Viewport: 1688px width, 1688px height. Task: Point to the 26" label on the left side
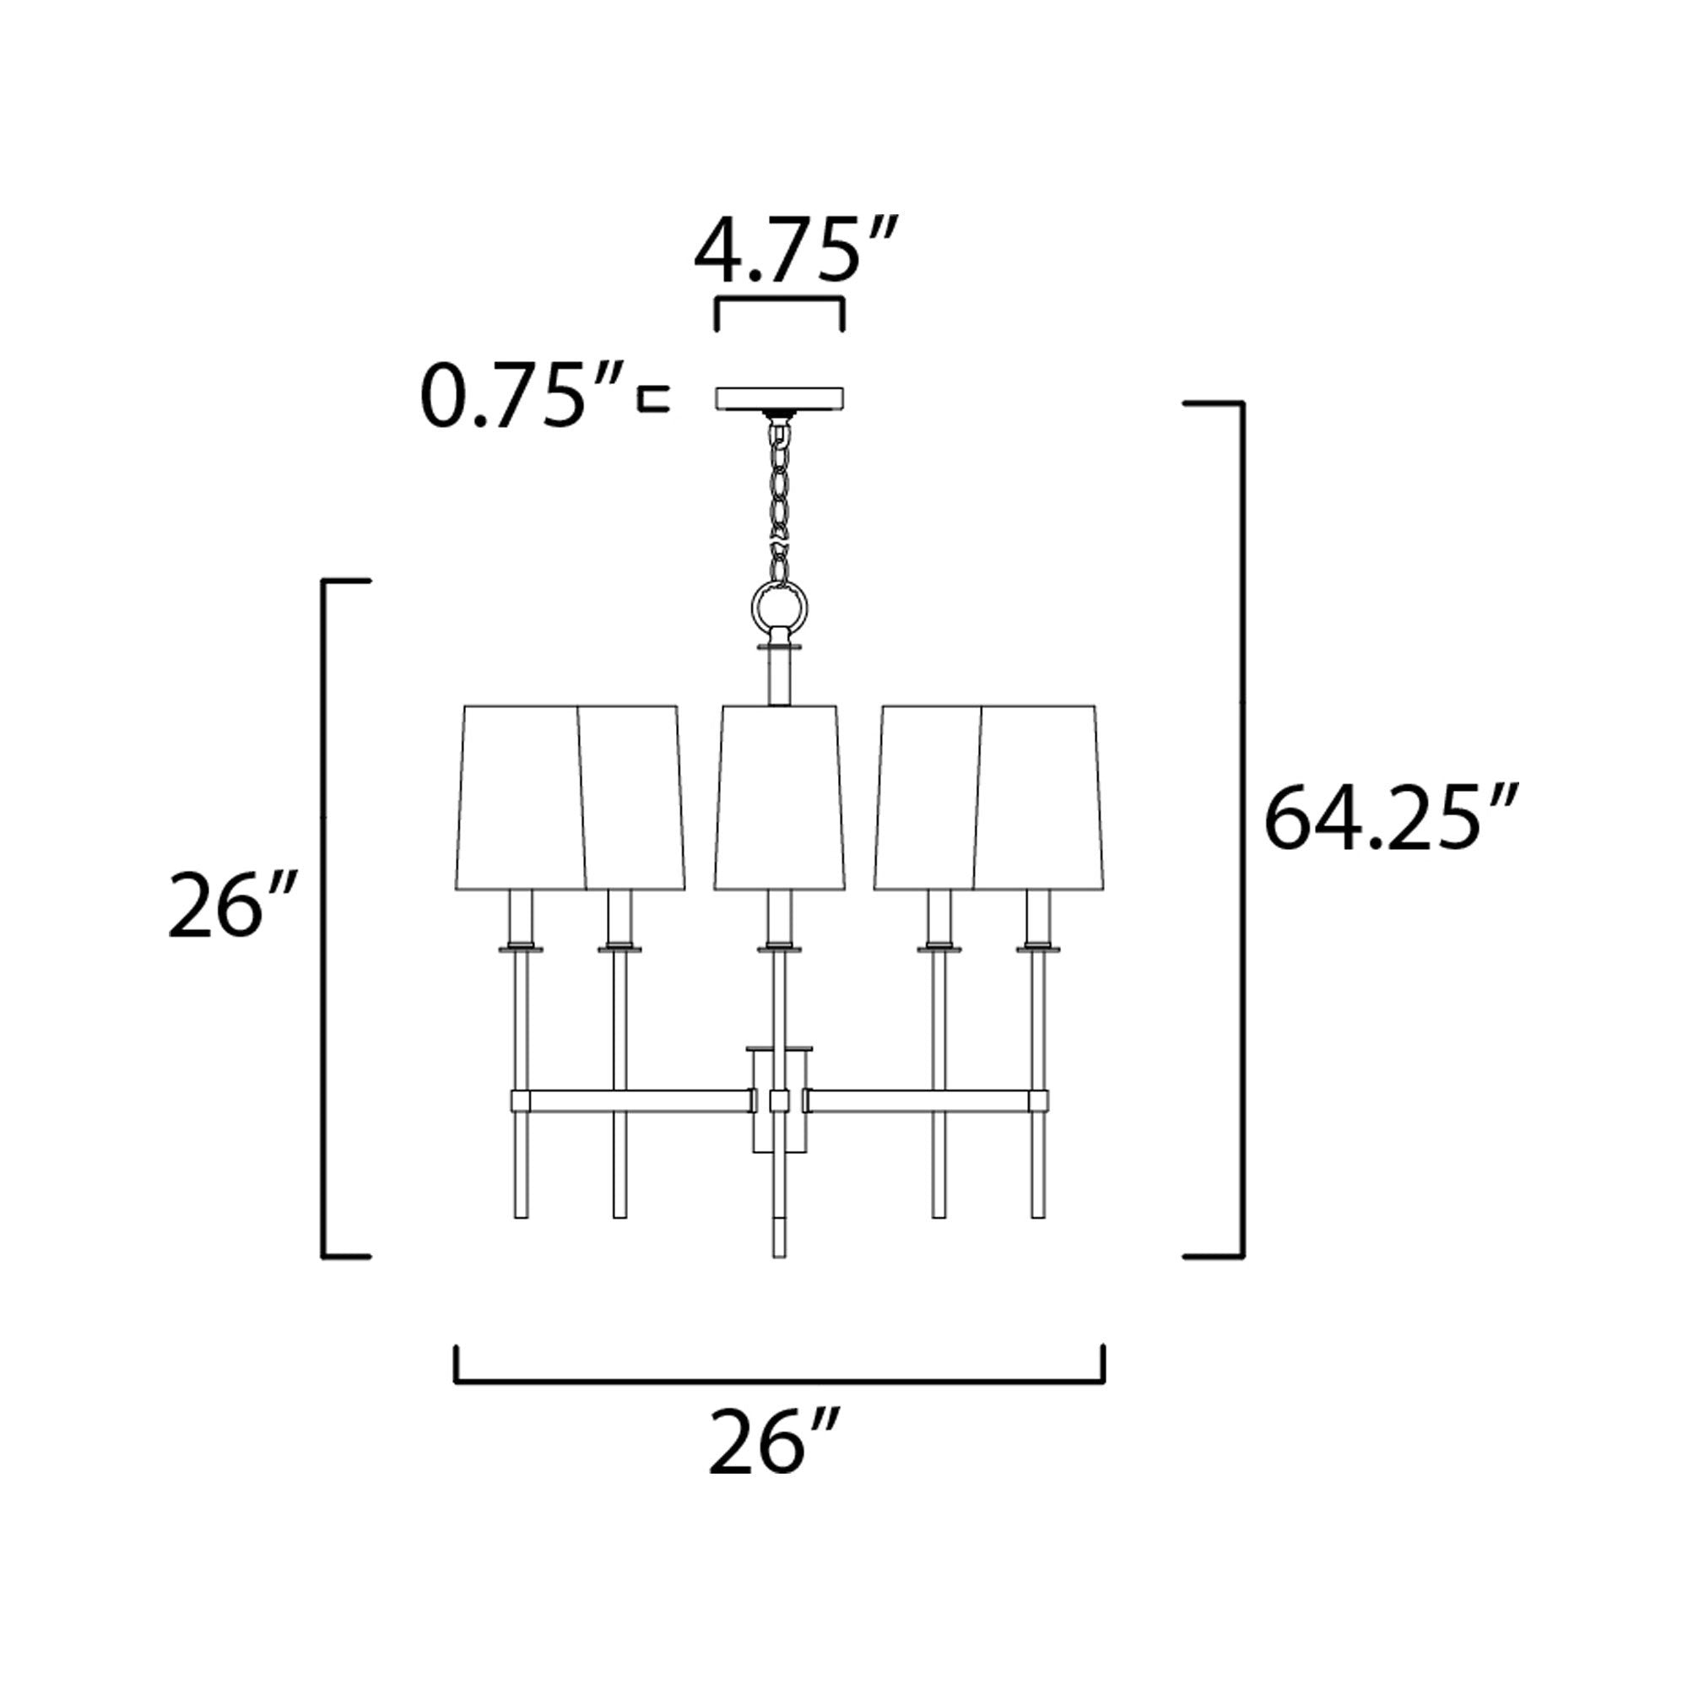pyautogui.click(x=233, y=903)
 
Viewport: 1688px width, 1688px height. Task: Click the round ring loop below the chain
pyautogui.click(x=779, y=604)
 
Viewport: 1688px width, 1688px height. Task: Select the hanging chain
pyautogui.click(x=779, y=495)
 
